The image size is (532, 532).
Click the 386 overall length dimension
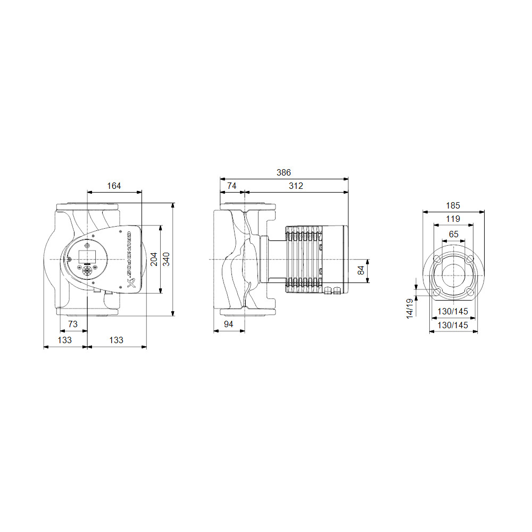pyautogui.click(x=284, y=173)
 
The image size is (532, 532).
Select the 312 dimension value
pyautogui.click(x=296, y=186)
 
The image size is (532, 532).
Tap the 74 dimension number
pyautogui.click(x=232, y=186)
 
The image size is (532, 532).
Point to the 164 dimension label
pyautogui.click(x=114, y=186)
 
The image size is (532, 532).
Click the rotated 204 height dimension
pyautogui.click(x=154, y=259)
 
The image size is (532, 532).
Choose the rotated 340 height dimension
pyautogui.click(x=166, y=259)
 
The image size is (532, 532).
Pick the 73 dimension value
pyautogui.click(x=73, y=324)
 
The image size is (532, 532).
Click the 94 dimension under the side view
pyautogui.click(x=229, y=324)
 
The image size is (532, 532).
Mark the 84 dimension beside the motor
pyautogui.click(x=361, y=270)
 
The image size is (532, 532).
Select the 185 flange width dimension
pyautogui.click(x=453, y=205)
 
